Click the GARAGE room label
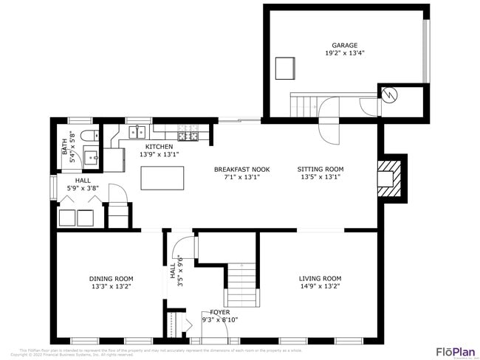tap(345, 44)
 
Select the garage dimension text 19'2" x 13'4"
tap(345, 53)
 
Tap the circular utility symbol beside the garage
tap(389, 94)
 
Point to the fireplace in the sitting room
tap(388, 178)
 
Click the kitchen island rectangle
tap(162, 178)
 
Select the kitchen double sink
tap(137, 132)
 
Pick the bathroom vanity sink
tap(91, 156)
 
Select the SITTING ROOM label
tap(321, 169)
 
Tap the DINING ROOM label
tap(112, 278)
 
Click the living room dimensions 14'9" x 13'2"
tap(320, 286)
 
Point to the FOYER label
tap(220, 312)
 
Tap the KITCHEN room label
tap(159, 147)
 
